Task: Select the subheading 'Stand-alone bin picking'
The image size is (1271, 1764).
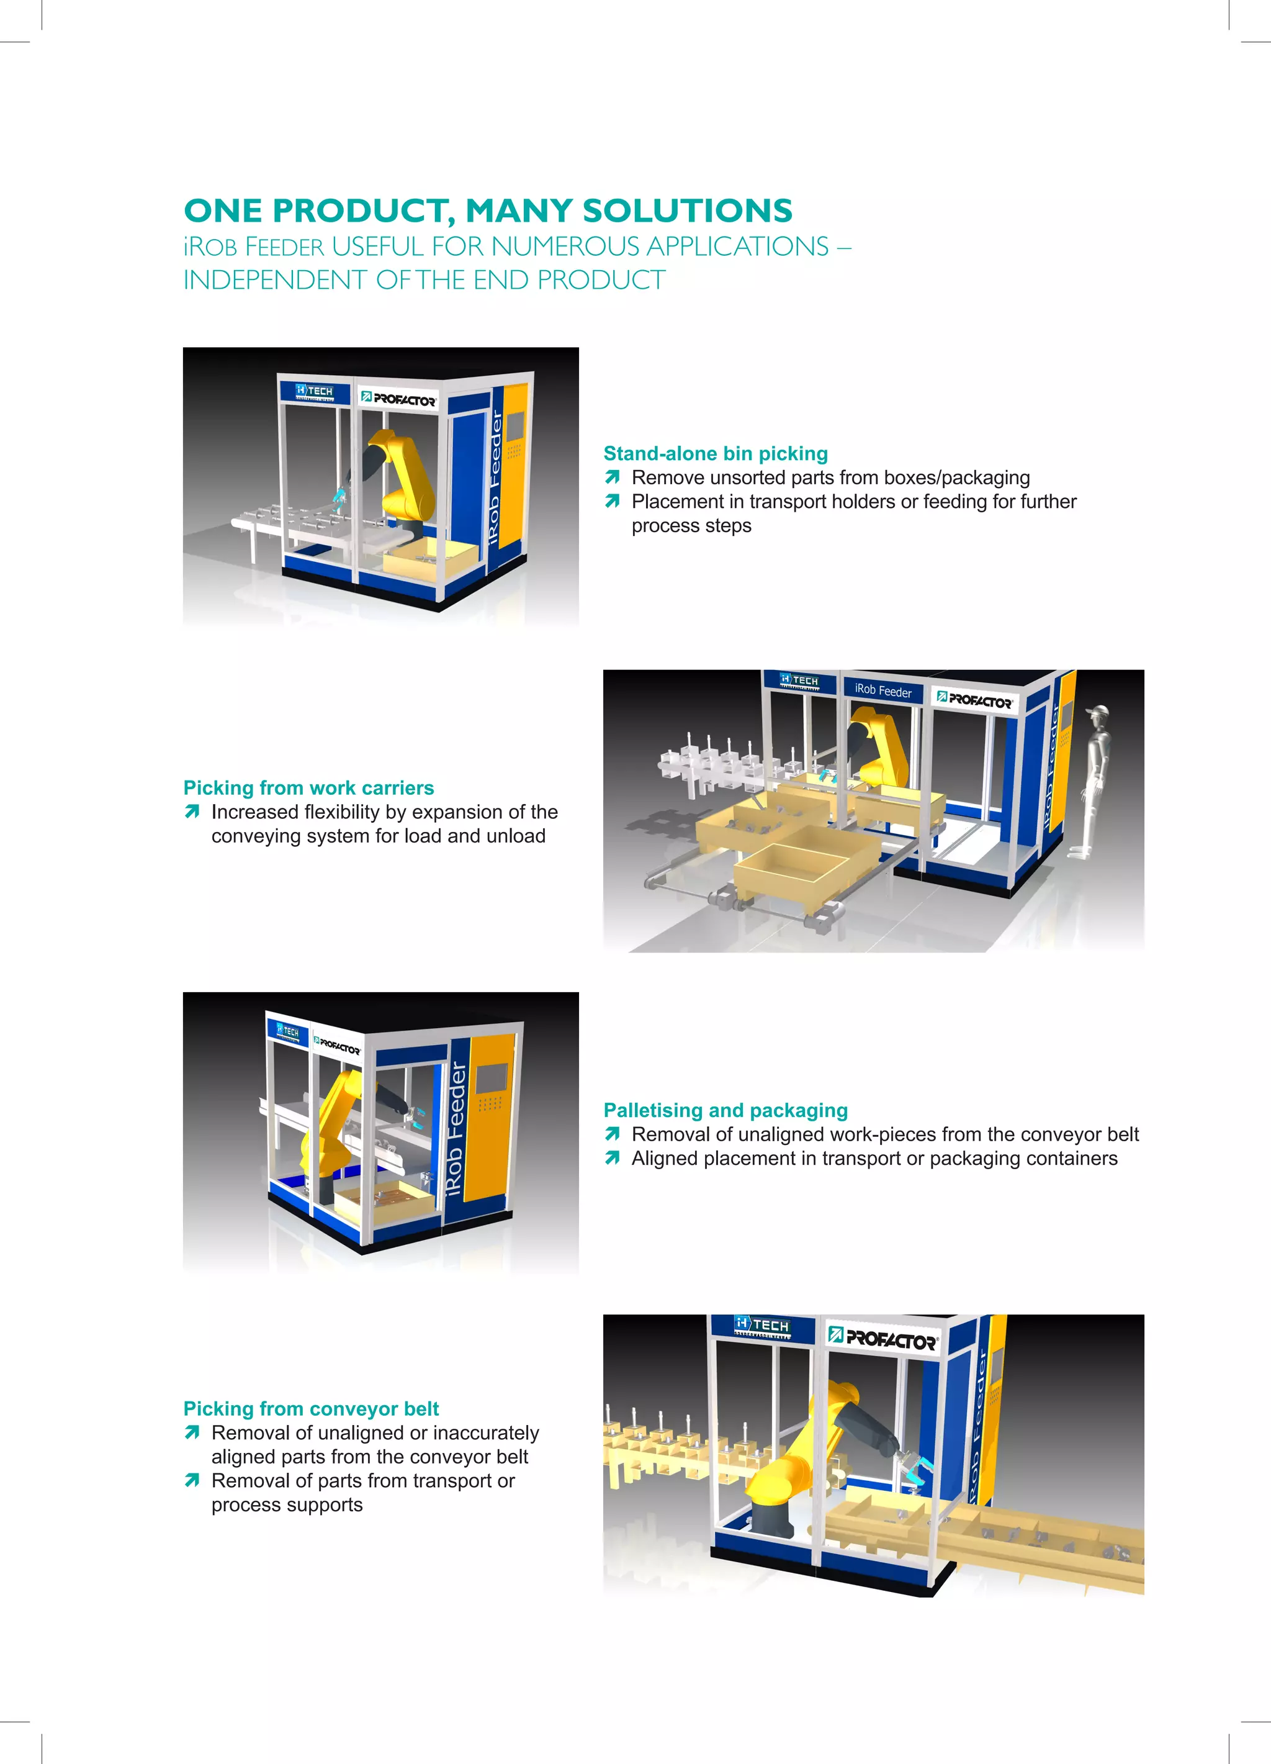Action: (715, 453)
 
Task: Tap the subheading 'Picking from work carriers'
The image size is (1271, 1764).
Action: (308, 788)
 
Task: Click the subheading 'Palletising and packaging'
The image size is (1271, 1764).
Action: (725, 1110)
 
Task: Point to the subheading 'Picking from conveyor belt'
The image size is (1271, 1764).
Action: (311, 1409)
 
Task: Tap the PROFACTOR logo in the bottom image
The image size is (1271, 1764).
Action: (883, 1339)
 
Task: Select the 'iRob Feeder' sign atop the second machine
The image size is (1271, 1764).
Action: (883, 690)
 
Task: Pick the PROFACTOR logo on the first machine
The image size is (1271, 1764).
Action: (399, 399)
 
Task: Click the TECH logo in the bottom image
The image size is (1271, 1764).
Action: (762, 1324)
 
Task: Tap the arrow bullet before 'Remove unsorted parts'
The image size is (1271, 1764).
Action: (612, 477)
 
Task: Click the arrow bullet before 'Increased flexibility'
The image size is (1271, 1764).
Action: (192, 812)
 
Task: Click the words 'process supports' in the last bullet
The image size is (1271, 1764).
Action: (287, 1505)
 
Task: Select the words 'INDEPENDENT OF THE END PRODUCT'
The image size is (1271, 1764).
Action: (424, 280)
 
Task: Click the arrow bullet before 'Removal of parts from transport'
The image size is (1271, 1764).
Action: (192, 1481)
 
